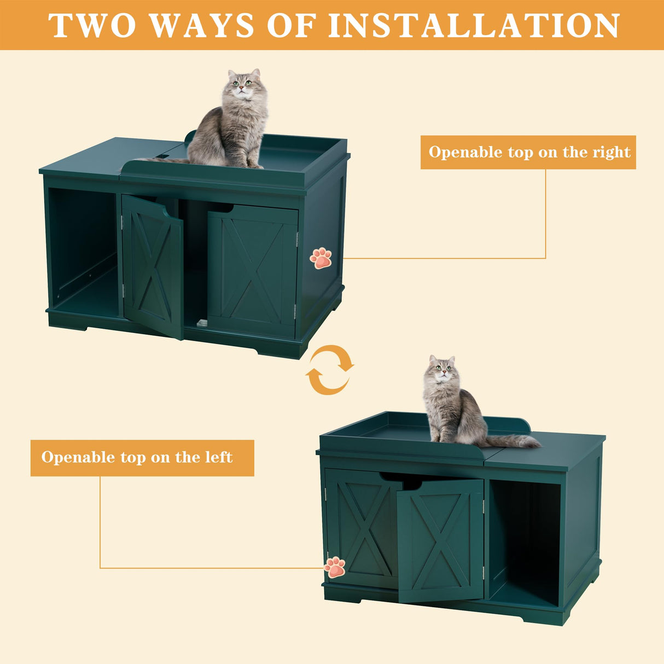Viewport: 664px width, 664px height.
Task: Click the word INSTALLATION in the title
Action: point(474,26)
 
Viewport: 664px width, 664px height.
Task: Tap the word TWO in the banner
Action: point(92,26)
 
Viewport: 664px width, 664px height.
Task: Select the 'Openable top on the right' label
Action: point(528,152)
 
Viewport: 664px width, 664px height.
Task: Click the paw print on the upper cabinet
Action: point(321,258)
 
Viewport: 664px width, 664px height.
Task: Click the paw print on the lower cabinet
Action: point(335,567)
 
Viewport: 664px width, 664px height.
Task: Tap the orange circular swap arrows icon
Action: point(329,370)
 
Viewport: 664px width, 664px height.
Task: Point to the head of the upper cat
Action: point(244,84)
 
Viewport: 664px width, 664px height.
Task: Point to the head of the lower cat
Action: point(442,370)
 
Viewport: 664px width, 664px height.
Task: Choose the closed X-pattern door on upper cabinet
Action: point(252,270)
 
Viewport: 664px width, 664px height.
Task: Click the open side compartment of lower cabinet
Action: point(524,539)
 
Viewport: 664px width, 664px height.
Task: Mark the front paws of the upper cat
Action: point(247,163)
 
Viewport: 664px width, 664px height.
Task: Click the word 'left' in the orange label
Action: point(219,457)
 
